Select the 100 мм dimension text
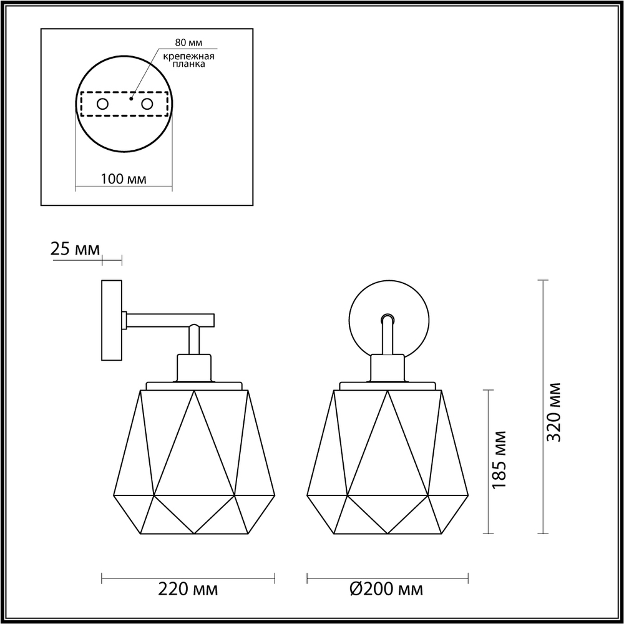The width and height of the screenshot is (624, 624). coord(123,179)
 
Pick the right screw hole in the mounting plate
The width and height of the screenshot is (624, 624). coord(147,104)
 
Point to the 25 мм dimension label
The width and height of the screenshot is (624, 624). coord(75,250)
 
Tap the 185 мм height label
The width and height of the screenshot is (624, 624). coord(499,459)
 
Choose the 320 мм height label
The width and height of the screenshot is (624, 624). coord(553,412)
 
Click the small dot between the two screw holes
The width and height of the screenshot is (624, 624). coord(130,99)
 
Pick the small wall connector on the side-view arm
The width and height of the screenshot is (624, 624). coord(125,320)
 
